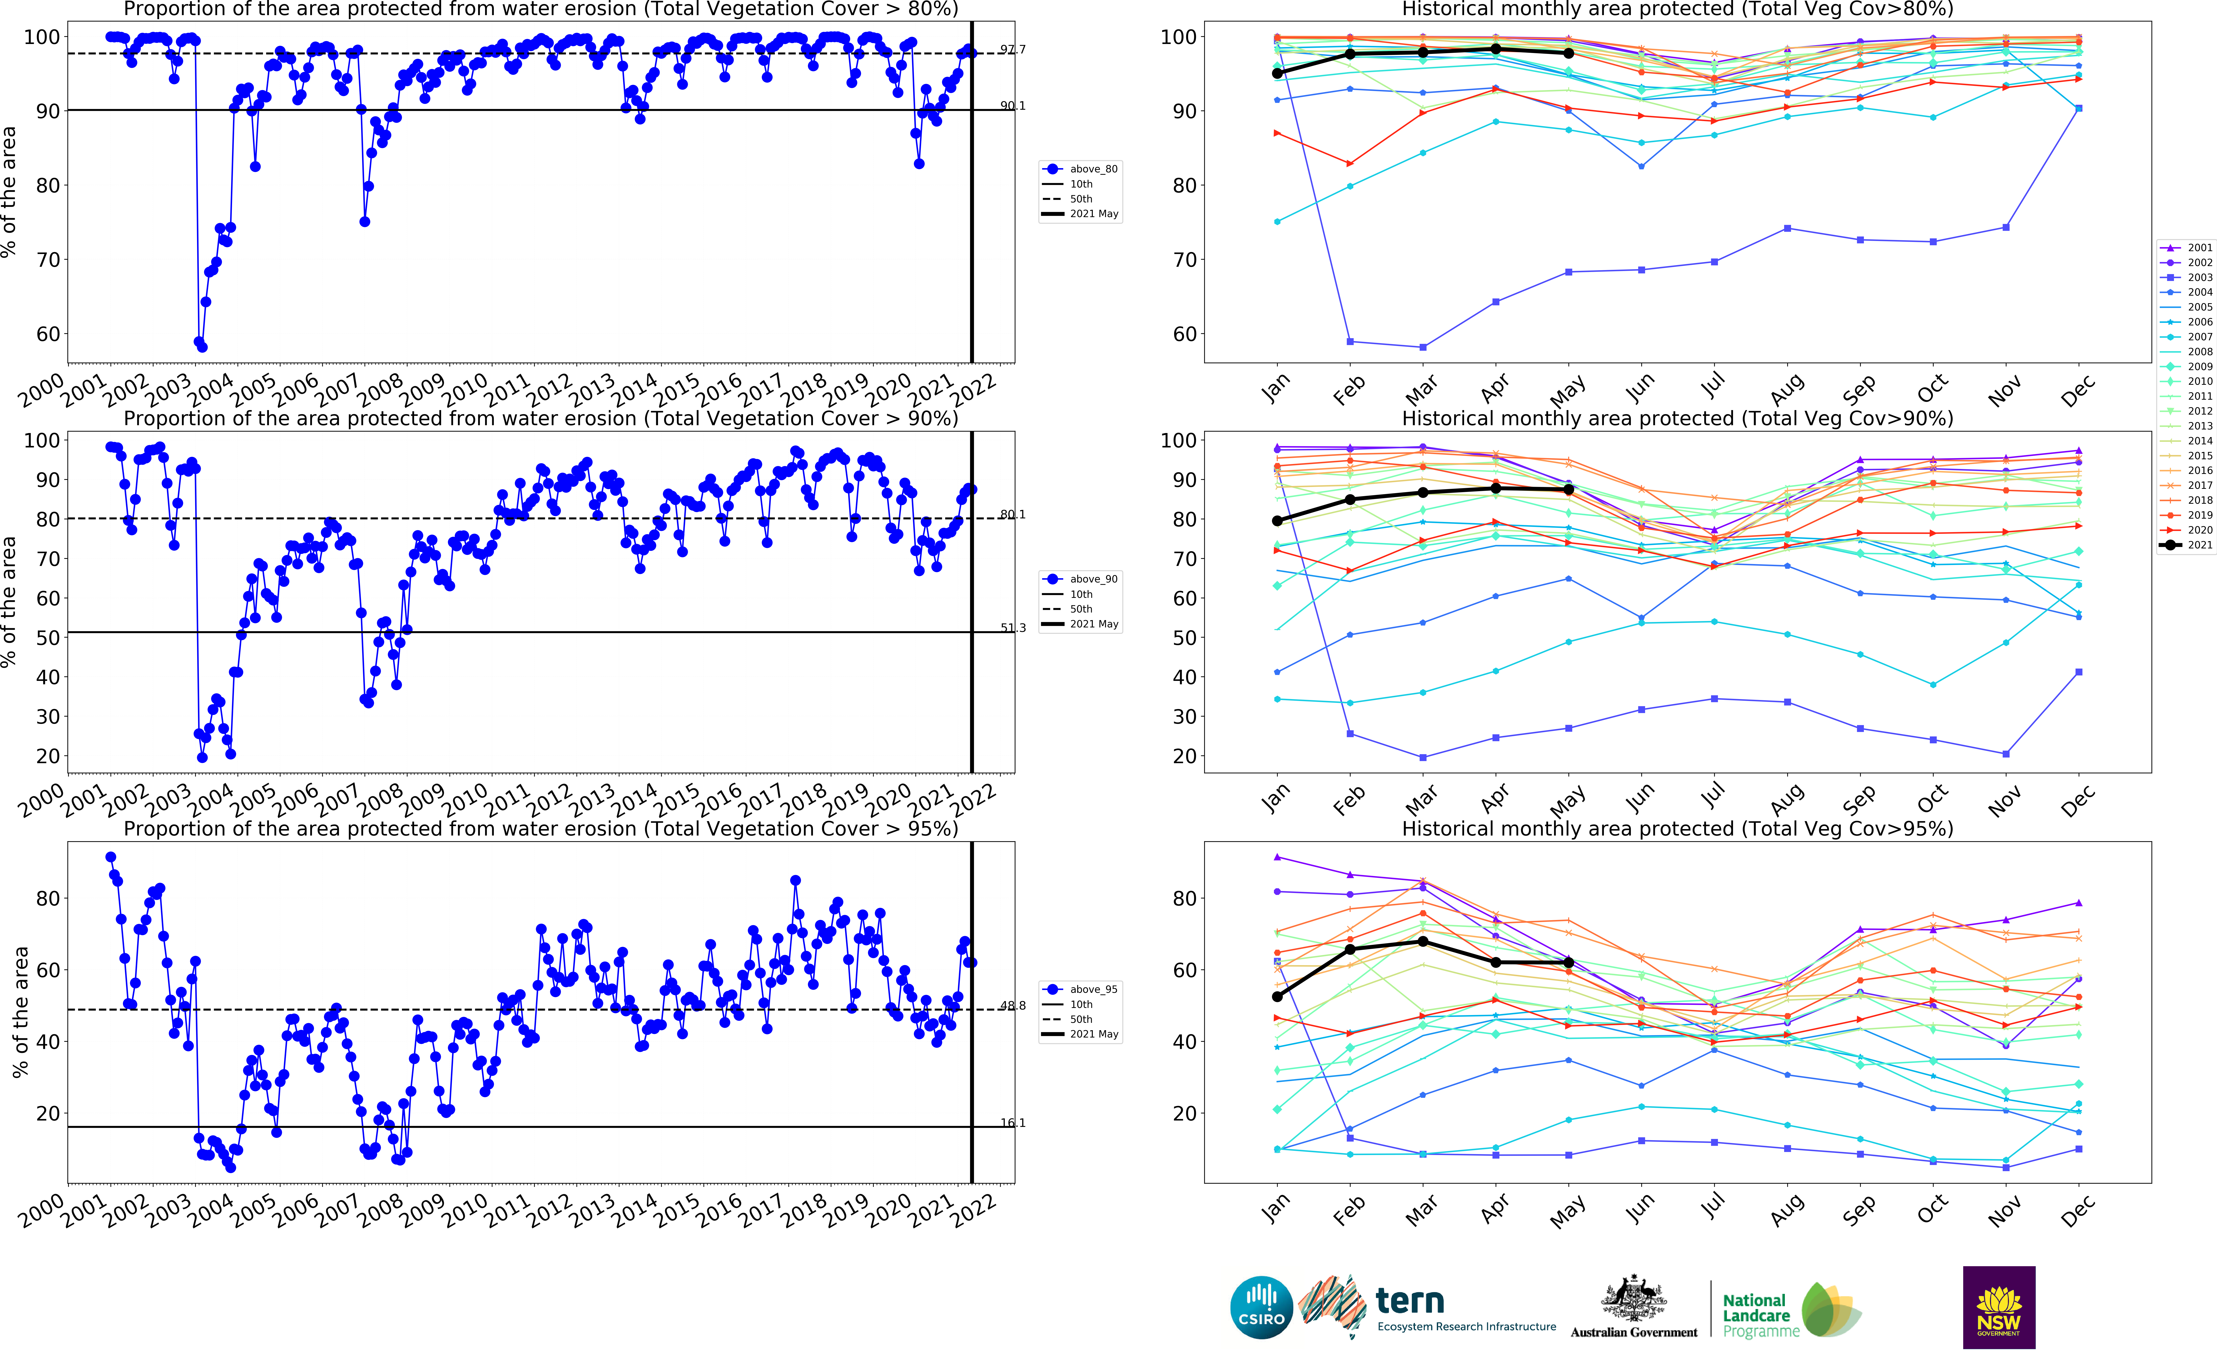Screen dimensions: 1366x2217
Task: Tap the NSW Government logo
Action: (1998, 1306)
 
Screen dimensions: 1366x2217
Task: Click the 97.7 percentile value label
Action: (1013, 50)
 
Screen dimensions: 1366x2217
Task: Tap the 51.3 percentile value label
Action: (1013, 628)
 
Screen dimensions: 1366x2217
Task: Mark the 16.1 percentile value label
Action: (1013, 1123)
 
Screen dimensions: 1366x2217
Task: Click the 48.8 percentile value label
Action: (1013, 1006)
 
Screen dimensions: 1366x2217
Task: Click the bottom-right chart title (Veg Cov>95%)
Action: (1677, 828)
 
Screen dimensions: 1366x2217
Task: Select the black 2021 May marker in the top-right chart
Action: (1568, 53)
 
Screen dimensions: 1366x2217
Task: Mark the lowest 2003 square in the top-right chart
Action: (1423, 347)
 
